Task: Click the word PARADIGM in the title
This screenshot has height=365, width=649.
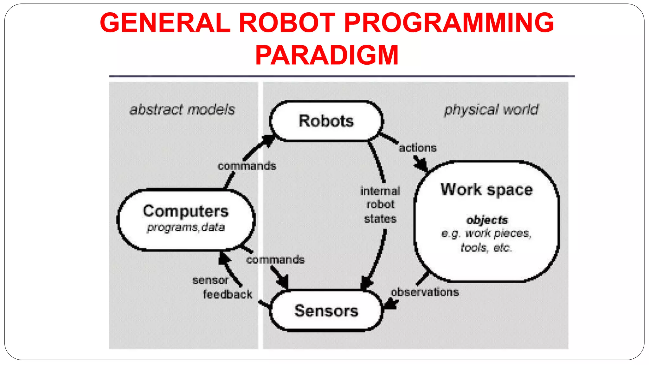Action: tap(327, 55)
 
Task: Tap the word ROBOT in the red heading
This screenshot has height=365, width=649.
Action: tap(287, 23)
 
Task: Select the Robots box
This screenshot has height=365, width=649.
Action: tap(326, 121)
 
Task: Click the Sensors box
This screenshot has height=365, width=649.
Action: tap(326, 311)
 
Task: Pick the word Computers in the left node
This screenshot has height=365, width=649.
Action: tap(186, 211)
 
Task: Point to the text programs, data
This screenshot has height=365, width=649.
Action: tap(186, 227)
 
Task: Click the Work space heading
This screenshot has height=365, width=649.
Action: tap(486, 190)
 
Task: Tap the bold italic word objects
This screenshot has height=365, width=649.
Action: tap(487, 220)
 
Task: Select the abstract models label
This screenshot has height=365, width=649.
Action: tap(182, 110)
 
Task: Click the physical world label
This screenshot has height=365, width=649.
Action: tap(491, 110)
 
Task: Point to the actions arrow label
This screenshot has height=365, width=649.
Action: tap(417, 148)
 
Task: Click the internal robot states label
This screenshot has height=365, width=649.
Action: tap(380, 205)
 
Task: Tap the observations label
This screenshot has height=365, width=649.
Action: tap(425, 292)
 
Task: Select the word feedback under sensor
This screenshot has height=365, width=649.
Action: tap(228, 294)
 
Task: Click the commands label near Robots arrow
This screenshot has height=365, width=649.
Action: tap(247, 166)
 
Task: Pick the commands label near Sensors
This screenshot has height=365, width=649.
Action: tap(275, 260)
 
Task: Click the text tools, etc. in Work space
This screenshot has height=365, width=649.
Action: tap(486, 247)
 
